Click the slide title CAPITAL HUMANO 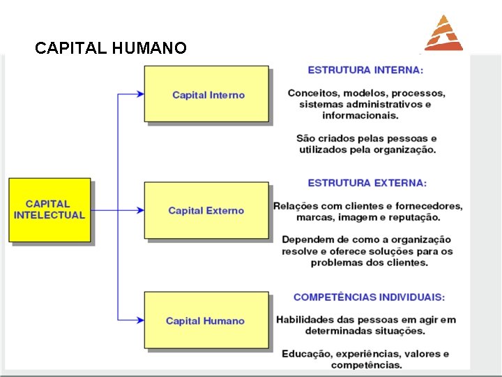tap(110, 48)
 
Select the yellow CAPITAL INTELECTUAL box tap(50, 209)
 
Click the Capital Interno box tap(206, 94)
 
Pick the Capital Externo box tap(206, 210)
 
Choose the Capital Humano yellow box tap(206, 320)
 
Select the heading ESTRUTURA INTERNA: tap(365, 70)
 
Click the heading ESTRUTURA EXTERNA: tap(367, 183)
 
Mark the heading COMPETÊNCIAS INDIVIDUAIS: tap(369, 297)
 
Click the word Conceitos tap(312, 93)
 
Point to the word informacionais tap(360, 115)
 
